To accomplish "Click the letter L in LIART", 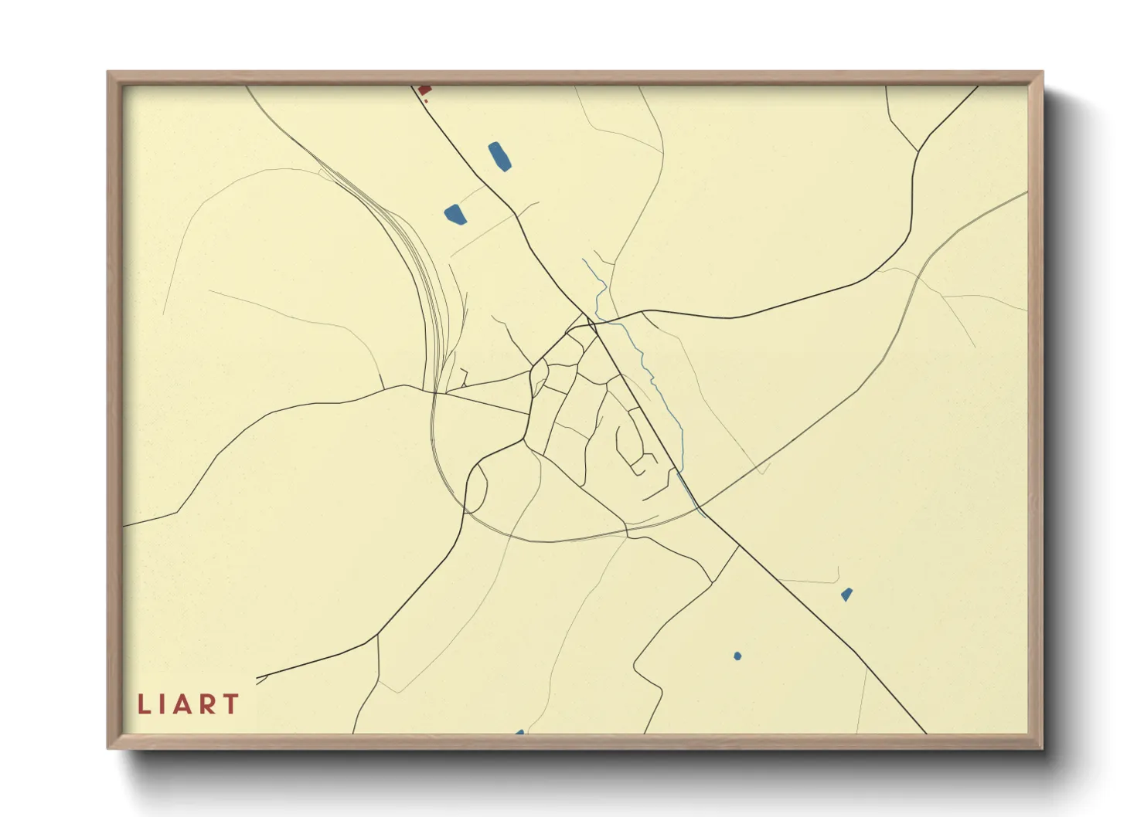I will tap(143, 704).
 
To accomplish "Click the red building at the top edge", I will tap(423, 90).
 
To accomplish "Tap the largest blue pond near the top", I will tap(499, 156).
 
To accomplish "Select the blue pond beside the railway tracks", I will tap(455, 214).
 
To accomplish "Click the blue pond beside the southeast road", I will tap(846, 595).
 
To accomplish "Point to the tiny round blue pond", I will tap(737, 656).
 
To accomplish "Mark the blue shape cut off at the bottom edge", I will tap(519, 732).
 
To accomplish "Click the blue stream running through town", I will tap(654, 378).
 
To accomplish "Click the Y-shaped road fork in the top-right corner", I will tap(918, 151).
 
